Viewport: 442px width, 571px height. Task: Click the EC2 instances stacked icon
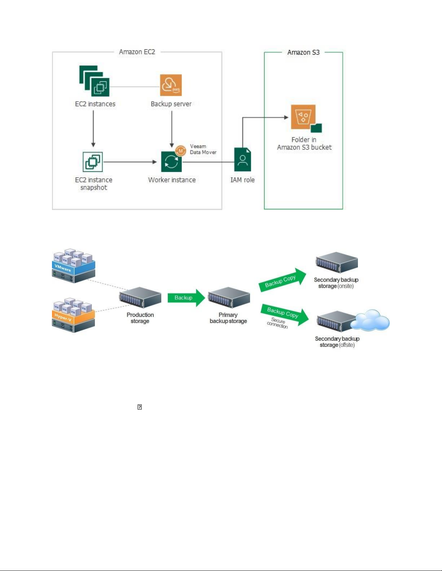click(95, 81)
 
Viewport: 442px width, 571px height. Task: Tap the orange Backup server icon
click(171, 85)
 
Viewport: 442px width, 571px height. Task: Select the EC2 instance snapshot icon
click(93, 162)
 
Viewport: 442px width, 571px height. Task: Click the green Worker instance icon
click(171, 162)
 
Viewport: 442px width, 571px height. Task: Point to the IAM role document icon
click(242, 160)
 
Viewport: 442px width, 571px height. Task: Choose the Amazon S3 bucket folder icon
click(305, 118)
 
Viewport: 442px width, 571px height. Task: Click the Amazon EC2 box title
click(137, 52)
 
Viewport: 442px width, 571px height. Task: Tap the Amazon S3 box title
click(303, 52)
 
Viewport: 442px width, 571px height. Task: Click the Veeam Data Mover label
click(203, 149)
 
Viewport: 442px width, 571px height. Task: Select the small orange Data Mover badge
click(180, 151)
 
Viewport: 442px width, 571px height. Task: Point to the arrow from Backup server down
click(171, 129)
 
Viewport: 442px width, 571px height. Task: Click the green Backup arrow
click(186, 298)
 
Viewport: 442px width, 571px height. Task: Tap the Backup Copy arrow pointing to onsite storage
click(282, 280)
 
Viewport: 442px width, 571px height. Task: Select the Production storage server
click(140, 298)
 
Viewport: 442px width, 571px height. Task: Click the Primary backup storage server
click(229, 297)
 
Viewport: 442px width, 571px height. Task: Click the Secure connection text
click(277, 323)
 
